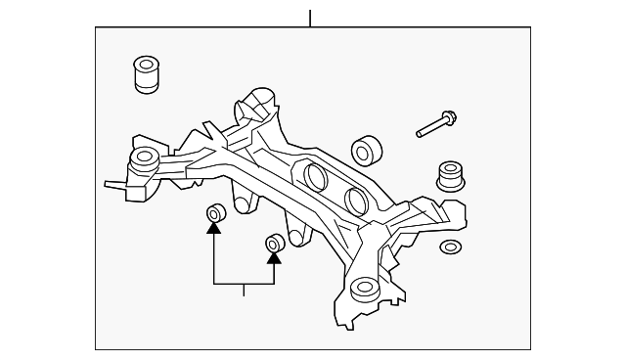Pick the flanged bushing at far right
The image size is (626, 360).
point(449,177)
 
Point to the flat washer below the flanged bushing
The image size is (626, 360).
point(451,247)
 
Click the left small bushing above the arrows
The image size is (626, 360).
point(214,214)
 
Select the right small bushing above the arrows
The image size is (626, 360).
point(274,242)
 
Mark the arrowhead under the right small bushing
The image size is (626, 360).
point(274,258)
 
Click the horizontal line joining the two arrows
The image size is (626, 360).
point(244,283)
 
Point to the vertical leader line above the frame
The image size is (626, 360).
point(310,18)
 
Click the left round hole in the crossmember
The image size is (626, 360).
point(315,177)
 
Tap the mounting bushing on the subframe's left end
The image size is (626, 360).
point(145,159)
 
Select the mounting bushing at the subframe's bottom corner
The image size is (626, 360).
point(364,291)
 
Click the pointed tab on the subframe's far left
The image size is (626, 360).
point(111,182)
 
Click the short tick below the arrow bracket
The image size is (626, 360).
point(244,289)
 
